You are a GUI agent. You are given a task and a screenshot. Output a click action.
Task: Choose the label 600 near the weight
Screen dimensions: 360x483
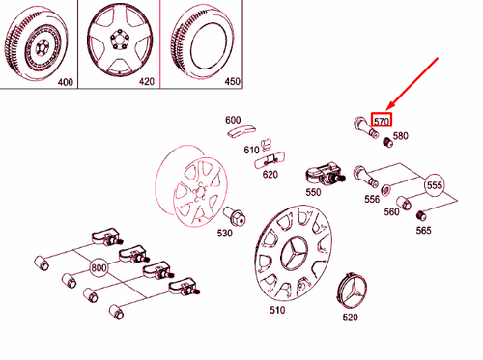point(233,120)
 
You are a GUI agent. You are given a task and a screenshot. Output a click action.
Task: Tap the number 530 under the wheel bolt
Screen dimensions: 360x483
point(225,233)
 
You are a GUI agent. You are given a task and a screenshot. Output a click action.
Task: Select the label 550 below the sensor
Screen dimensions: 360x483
point(313,192)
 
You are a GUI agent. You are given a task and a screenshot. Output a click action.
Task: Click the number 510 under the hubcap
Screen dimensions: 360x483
point(277,311)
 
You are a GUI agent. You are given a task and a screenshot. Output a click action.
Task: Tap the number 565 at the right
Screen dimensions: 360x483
point(423,230)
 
